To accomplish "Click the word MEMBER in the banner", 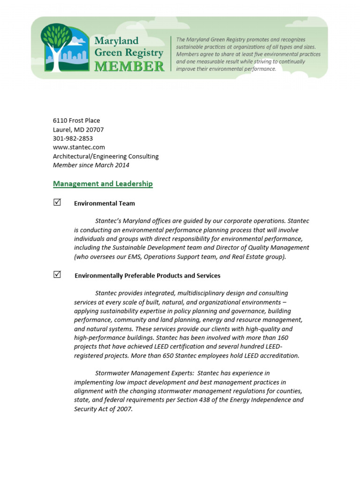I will [x=129, y=67].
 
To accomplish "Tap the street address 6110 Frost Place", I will [x=76, y=120].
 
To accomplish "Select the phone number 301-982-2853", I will [x=73, y=138].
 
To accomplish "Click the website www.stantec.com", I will [x=79, y=147].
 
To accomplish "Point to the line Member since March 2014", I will [x=91, y=165].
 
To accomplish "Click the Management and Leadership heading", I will [x=103, y=184].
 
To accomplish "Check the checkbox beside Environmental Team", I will [x=57, y=202].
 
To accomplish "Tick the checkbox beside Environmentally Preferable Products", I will [x=57, y=275].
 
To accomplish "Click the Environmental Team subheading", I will [x=105, y=203].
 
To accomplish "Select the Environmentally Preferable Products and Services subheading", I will [x=147, y=276].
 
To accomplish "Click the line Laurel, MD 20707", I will [x=78, y=129].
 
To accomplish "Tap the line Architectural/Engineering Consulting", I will [x=105, y=156].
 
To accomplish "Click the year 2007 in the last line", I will [x=124, y=409].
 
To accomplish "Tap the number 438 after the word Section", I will [x=195, y=400].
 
